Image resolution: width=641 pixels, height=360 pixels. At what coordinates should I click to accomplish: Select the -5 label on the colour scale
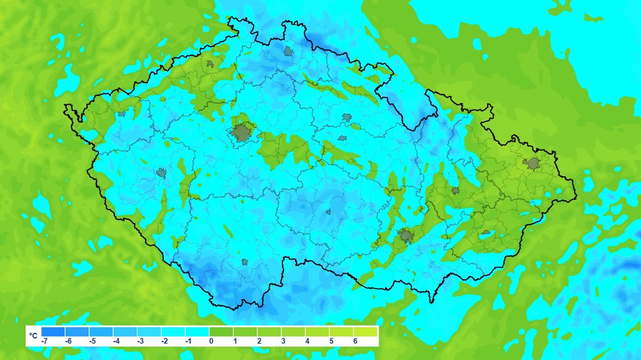pos(92,341)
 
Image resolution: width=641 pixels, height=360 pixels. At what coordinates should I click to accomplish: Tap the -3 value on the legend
pos(140,341)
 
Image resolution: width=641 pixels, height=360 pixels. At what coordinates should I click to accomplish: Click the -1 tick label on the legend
pos(187,341)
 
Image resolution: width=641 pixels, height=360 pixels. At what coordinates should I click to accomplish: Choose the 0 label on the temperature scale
pos(211,341)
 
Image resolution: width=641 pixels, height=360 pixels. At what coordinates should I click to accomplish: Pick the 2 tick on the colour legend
pos(259,341)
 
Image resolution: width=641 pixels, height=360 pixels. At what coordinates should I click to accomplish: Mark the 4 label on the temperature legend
pos(307,341)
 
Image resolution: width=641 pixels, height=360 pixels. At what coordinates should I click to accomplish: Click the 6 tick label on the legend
pos(355,341)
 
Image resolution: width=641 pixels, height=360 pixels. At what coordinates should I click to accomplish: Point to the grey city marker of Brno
pos(405,235)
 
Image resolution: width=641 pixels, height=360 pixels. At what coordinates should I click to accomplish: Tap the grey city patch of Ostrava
pos(532,163)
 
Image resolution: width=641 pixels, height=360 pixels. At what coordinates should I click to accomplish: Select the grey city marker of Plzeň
pos(161,173)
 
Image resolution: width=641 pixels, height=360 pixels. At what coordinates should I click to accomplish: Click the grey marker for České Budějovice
pos(245,262)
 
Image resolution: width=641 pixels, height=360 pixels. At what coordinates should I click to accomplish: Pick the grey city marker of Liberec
pos(288,51)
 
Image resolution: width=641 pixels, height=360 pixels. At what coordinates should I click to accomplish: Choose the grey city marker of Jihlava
pos(328,212)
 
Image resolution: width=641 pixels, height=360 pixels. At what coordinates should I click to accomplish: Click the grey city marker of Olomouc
pos(455,190)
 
